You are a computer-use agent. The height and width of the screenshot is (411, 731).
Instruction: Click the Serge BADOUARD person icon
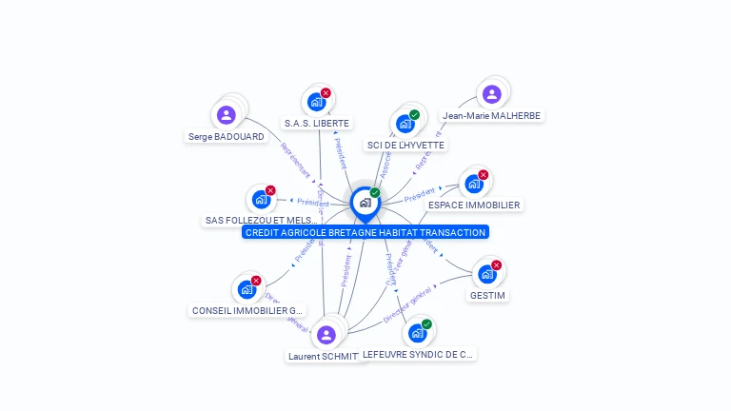click(226, 115)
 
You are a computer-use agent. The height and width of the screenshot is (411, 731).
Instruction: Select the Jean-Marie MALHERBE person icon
click(491, 94)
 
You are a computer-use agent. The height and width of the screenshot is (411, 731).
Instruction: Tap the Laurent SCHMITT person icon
click(326, 335)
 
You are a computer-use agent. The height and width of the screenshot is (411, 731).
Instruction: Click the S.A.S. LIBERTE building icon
click(316, 102)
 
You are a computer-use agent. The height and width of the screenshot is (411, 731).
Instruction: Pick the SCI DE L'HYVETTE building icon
click(405, 124)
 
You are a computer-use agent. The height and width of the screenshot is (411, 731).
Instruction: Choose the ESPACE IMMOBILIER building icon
click(473, 184)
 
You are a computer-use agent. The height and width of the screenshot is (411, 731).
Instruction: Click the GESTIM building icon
click(486, 274)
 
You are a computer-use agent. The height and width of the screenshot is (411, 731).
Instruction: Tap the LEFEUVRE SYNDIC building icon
click(416, 333)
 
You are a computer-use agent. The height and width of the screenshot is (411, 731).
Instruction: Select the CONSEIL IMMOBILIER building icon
click(247, 289)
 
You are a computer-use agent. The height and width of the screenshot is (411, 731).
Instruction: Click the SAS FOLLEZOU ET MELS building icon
click(261, 199)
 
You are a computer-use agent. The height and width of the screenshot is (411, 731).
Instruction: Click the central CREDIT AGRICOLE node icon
click(365, 202)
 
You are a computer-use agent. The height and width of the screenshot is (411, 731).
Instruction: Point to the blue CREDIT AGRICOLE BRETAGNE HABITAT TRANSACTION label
click(365, 232)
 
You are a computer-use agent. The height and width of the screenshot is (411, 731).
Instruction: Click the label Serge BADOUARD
click(227, 136)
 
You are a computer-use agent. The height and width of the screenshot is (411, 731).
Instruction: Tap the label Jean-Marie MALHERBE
click(491, 116)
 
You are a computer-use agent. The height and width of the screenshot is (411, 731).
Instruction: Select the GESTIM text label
click(487, 295)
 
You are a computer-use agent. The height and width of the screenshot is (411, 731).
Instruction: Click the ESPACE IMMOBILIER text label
click(474, 205)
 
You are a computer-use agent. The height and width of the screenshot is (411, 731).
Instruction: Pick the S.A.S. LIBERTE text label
click(317, 123)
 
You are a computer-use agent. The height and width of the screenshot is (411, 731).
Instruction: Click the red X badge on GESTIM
click(496, 265)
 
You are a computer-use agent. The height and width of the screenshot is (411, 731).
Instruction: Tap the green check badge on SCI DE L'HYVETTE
click(414, 115)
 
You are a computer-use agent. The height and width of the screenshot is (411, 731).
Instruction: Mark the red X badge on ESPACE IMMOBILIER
click(483, 175)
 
